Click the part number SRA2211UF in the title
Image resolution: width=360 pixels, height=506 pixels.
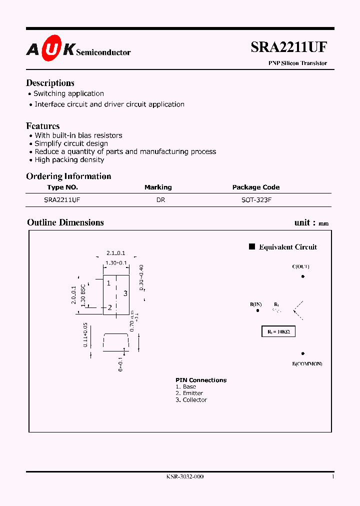(289, 47)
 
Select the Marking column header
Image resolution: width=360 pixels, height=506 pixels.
(158, 187)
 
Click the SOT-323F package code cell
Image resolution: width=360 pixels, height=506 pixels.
(256, 199)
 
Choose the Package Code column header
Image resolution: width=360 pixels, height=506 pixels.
(256, 187)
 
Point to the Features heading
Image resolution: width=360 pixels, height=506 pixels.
(43, 126)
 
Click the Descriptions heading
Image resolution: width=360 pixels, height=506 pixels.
(50, 83)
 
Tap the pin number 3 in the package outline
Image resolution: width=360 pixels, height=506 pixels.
(125, 293)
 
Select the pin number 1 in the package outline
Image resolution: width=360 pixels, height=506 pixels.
(108, 283)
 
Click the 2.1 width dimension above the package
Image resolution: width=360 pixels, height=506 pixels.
(115, 253)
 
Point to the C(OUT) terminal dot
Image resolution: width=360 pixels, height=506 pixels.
(302, 276)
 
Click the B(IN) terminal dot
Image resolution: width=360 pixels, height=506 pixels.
(257, 310)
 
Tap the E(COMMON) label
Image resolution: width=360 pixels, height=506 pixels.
(307, 364)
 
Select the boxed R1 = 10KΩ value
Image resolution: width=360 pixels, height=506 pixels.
(278, 331)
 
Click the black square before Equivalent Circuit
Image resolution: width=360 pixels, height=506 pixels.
(252, 246)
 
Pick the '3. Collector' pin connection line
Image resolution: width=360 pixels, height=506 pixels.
(191, 400)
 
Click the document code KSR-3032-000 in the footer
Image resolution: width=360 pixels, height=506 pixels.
(185, 477)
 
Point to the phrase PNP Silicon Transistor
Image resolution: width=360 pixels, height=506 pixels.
(298, 63)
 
